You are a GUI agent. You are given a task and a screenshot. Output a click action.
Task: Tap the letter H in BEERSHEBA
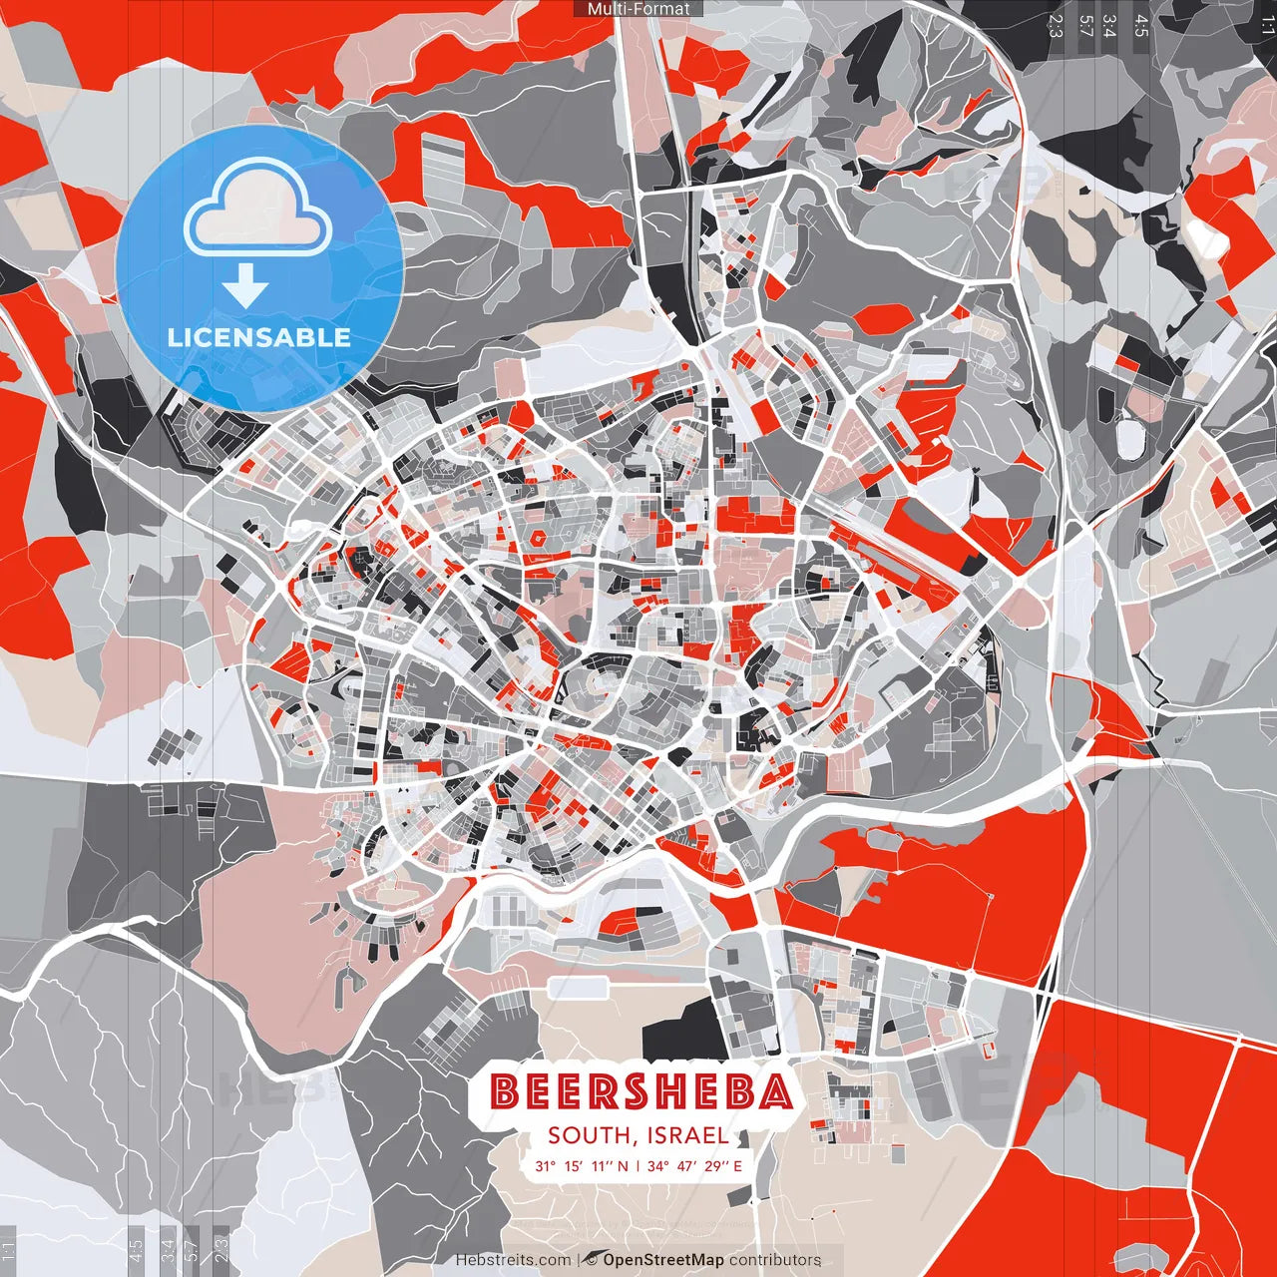(674, 1092)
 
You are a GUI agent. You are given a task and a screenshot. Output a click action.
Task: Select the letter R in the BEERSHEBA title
(603, 1092)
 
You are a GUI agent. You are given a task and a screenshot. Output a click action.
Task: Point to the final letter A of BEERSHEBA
(774, 1092)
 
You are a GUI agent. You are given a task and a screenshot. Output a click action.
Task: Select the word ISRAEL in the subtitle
(687, 1135)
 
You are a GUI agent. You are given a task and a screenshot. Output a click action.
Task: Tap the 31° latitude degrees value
(545, 1165)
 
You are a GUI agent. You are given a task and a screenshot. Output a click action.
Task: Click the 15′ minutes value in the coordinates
(573, 1165)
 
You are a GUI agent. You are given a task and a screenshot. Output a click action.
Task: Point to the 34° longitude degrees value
(658, 1165)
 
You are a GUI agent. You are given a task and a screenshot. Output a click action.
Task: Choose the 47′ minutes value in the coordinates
(687, 1165)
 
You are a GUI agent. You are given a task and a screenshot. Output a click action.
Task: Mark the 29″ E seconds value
(723, 1165)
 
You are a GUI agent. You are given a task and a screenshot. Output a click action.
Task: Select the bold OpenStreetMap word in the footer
(662, 1260)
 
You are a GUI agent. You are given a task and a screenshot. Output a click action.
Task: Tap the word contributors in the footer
(775, 1260)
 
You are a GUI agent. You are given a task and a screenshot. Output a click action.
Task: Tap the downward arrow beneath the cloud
(245, 287)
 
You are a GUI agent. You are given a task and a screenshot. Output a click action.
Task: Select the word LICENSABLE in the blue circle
(259, 337)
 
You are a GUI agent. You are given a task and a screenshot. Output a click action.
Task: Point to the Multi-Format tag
(638, 9)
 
